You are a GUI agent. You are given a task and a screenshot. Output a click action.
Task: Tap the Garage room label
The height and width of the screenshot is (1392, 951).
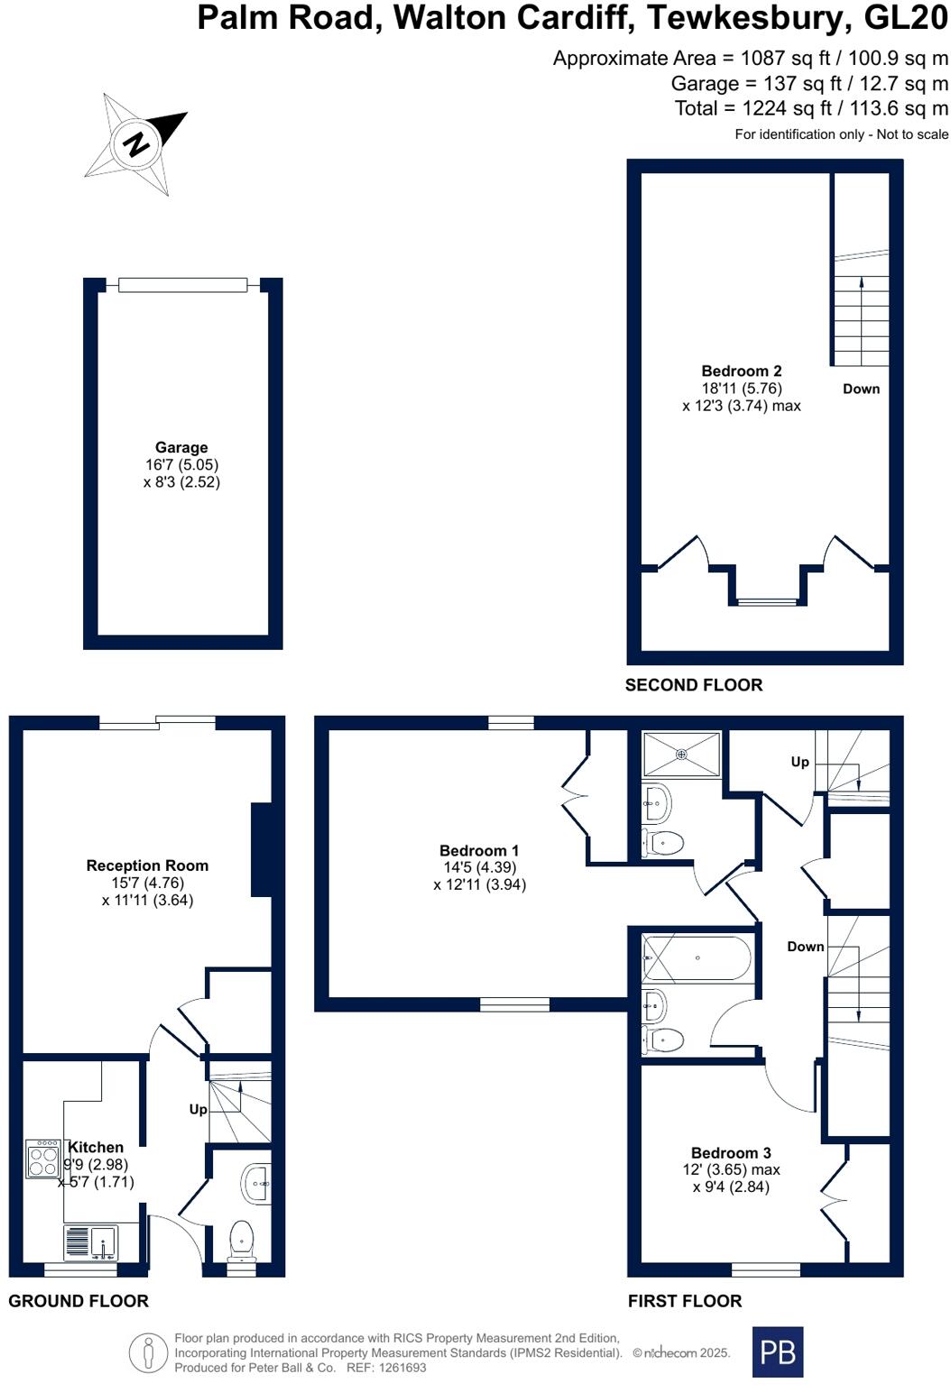click(181, 447)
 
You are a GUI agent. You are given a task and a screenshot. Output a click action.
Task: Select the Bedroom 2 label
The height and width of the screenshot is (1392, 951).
click(741, 371)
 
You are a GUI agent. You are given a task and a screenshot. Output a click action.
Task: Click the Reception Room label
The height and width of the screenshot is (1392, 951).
click(147, 865)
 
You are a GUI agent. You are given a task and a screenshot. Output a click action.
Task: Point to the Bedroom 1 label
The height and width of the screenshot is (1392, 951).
click(479, 850)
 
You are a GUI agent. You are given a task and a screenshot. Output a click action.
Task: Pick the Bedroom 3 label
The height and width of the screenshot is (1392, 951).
click(731, 1152)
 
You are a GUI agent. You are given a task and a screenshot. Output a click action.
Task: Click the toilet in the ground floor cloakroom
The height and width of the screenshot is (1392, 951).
click(242, 1239)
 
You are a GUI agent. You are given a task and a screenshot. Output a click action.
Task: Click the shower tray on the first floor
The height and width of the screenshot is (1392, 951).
click(681, 754)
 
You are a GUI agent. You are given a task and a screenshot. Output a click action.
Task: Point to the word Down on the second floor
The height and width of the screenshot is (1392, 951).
click(861, 389)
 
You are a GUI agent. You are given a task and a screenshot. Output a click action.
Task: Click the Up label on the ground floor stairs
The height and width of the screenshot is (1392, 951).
click(199, 1109)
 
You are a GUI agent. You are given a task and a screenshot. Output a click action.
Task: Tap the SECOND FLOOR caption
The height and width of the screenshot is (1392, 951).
click(694, 685)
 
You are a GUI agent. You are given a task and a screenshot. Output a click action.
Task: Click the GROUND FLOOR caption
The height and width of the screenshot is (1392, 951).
click(78, 1301)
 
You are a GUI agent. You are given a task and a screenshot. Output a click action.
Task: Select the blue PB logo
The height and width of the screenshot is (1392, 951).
click(777, 1351)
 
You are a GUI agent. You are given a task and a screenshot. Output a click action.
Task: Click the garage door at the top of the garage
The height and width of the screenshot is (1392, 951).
click(182, 285)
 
